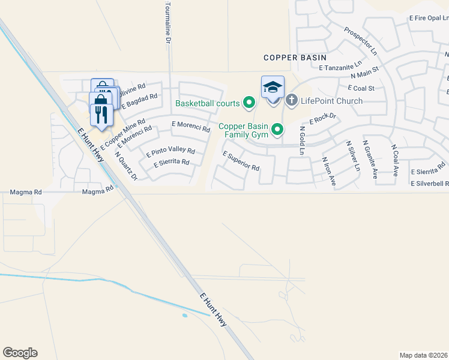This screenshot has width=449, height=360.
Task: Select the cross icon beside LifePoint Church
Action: (x=292, y=100)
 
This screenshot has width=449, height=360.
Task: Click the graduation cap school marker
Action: (x=273, y=88)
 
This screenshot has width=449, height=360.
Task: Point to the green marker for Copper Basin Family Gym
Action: (x=277, y=129)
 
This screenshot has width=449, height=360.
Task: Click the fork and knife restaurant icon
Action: (x=101, y=114)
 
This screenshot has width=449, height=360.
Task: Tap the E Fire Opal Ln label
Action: (x=429, y=19)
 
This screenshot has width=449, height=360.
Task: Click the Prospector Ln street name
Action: (x=360, y=38)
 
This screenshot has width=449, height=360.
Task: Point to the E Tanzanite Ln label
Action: (x=341, y=66)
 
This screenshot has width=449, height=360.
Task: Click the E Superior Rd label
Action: (x=240, y=160)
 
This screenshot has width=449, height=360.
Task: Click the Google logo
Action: (x=20, y=353)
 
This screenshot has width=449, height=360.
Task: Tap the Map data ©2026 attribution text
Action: (x=423, y=355)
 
